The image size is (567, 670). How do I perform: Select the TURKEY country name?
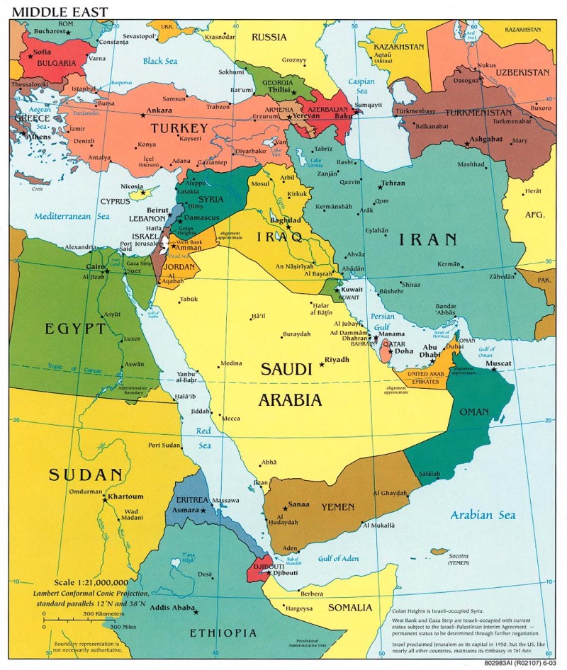click(x=179, y=128)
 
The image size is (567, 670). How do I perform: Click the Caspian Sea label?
click(x=361, y=86)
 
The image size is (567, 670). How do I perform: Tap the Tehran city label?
click(x=393, y=183)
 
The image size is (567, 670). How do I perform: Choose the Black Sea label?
click(x=159, y=62)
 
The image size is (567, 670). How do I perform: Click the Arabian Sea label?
click(x=483, y=515)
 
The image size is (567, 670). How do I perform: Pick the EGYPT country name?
click(x=75, y=329)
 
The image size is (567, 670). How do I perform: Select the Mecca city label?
click(x=231, y=419)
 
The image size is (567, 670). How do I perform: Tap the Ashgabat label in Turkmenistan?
click(x=489, y=140)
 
